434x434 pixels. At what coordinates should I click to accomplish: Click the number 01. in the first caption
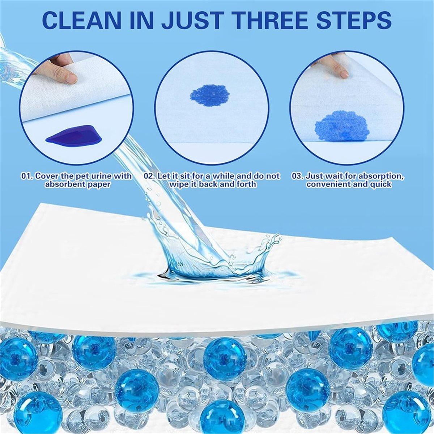(x=28, y=176)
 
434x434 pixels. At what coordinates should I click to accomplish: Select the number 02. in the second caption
(x=150, y=176)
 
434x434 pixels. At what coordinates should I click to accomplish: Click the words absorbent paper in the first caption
(x=77, y=184)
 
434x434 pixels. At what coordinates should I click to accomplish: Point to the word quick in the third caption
(x=380, y=184)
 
